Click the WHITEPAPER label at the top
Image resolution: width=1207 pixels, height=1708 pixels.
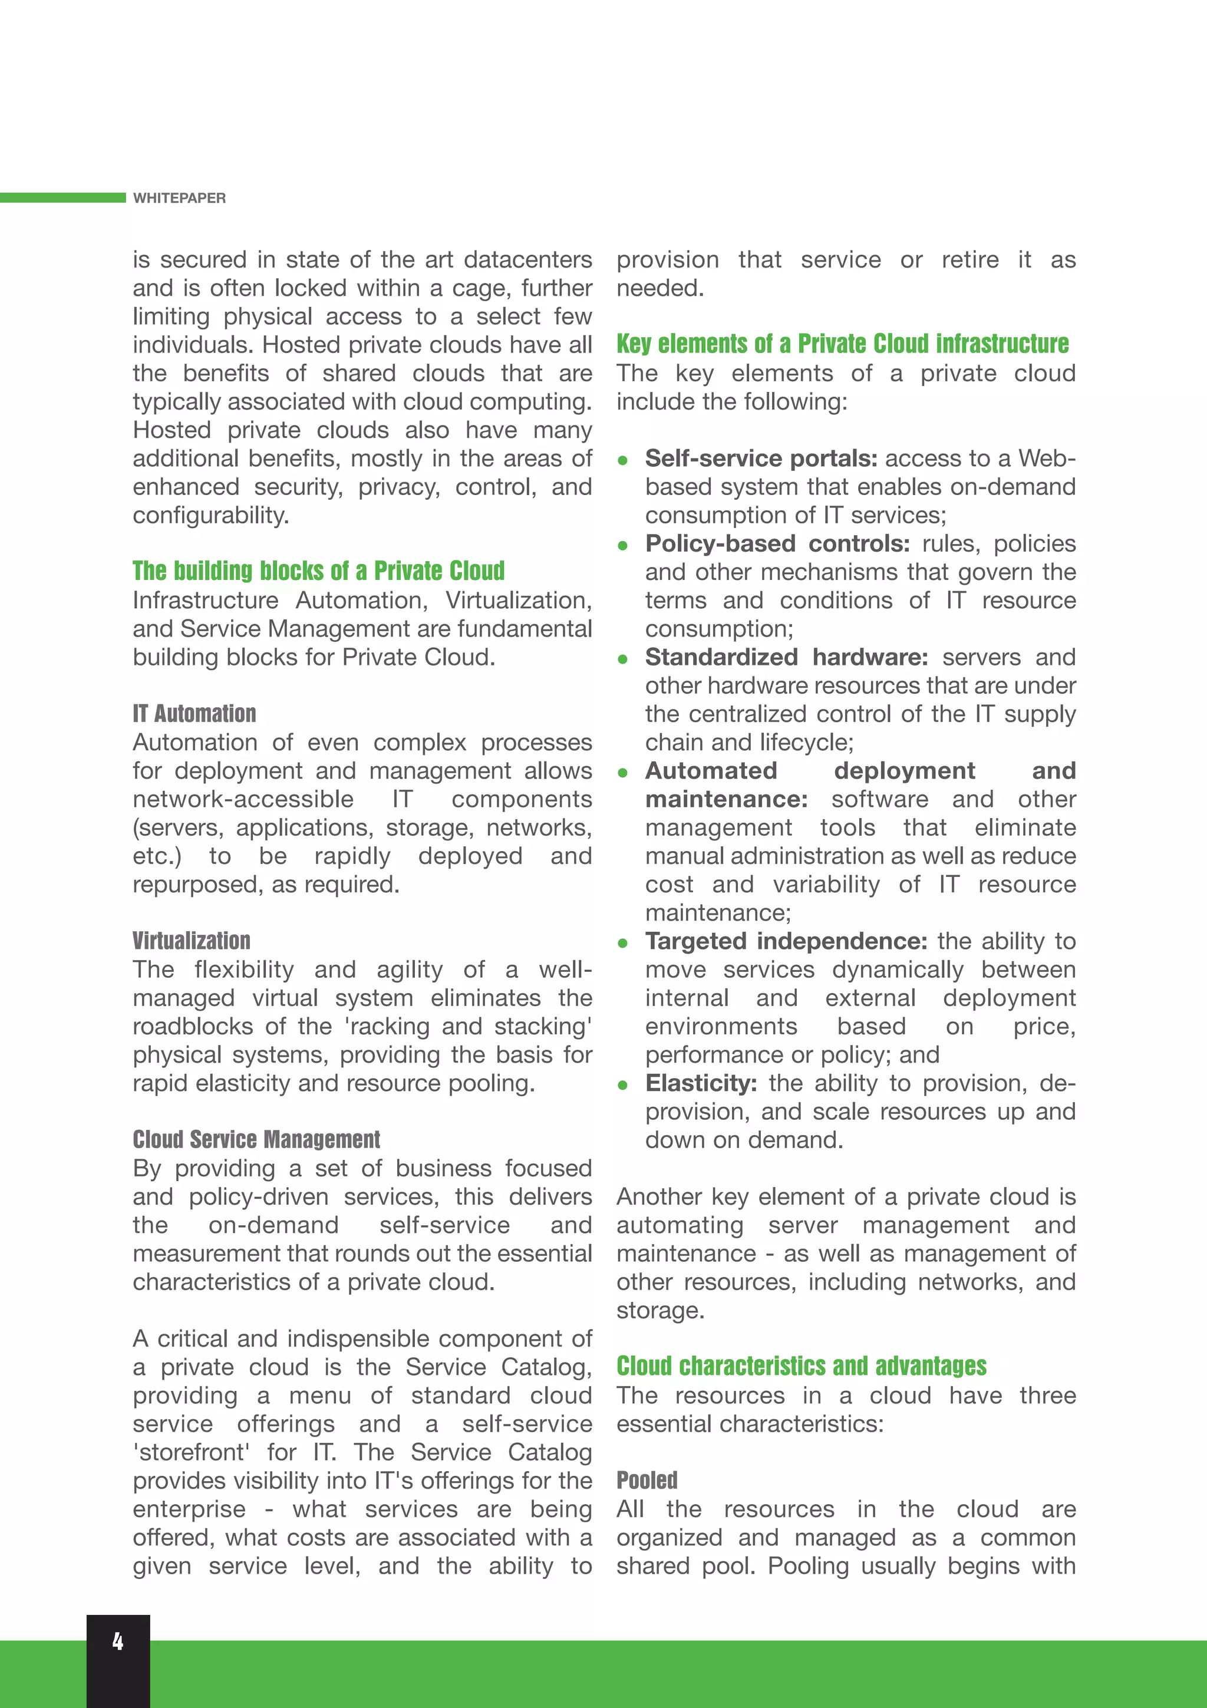click(x=179, y=198)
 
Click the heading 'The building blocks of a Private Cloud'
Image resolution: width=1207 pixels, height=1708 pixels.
click(x=318, y=571)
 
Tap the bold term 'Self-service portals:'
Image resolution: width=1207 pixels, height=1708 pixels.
click(x=761, y=459)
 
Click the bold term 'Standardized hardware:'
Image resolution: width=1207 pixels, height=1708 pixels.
click(x=786, y=657)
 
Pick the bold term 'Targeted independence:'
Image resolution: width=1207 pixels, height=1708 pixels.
click(x=786, y=941)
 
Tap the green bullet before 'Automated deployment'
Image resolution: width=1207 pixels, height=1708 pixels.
click(x=622, y=773)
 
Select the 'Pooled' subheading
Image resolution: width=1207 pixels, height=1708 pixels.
click(x=647, y=1480)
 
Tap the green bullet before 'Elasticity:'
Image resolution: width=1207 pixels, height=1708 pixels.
click(x=622, y=1086)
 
